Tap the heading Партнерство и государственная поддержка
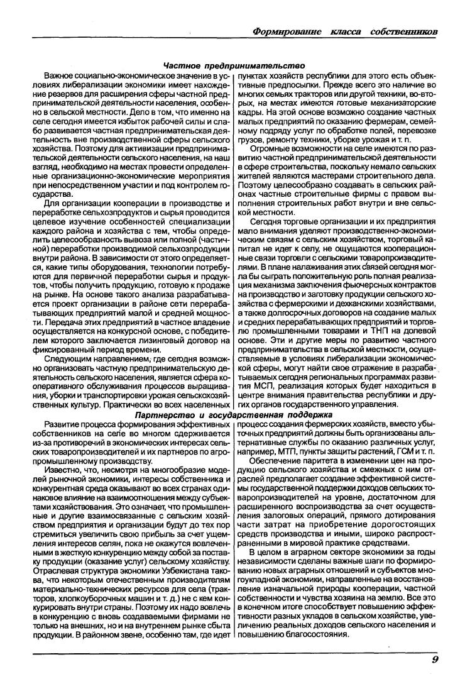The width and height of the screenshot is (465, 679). point(234,416)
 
